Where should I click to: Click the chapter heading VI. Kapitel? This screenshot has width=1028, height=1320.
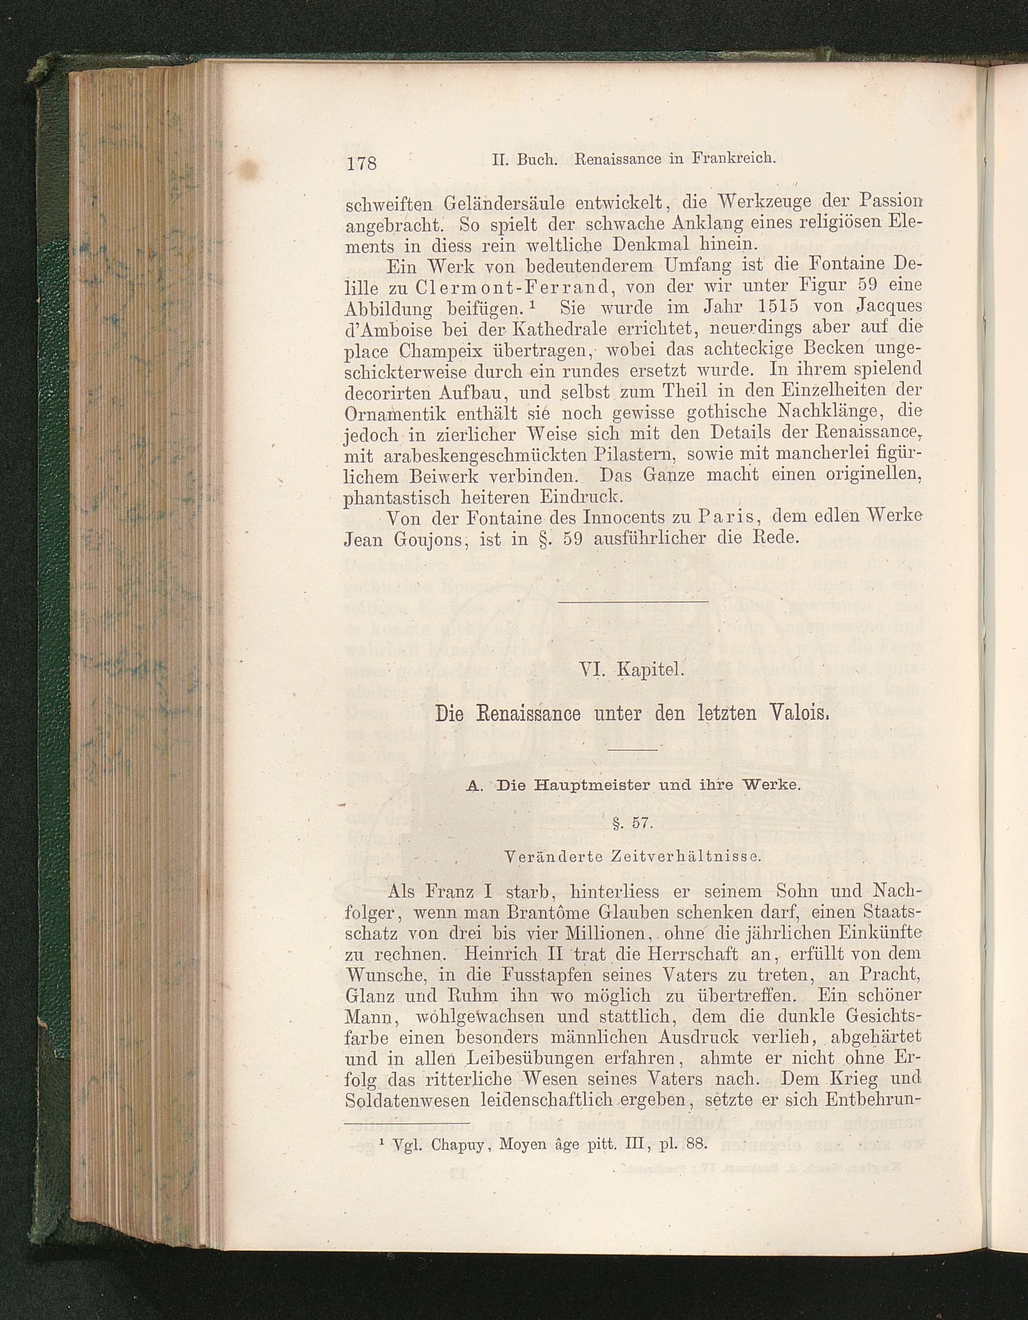click(631, 669)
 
